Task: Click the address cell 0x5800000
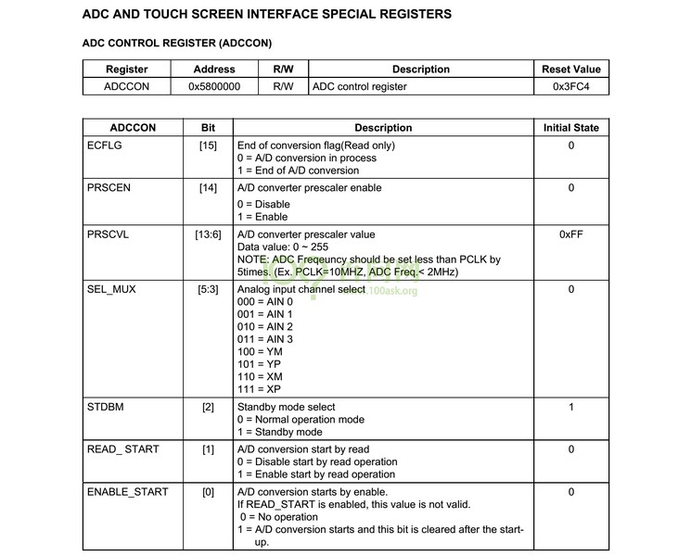click(214, 86)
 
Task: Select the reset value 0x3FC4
click(570, 86)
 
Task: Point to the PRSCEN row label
click(109, 188)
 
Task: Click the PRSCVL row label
click(108, 234)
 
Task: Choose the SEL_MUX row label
click(111, 289)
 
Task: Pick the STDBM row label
click(106, 407)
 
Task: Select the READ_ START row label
click(122, 449)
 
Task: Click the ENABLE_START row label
click(127, 492)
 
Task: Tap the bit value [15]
click(208, 145)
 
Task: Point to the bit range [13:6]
click(208, 234)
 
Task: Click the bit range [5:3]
click(208, 289)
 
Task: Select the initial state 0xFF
click(570, 234)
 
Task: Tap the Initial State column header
click(570, 128)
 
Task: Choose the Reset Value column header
click(570, 69)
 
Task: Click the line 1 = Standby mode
click(280, 432)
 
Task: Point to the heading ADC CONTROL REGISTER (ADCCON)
click(177, 43)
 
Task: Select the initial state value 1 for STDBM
click(570, 407)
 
